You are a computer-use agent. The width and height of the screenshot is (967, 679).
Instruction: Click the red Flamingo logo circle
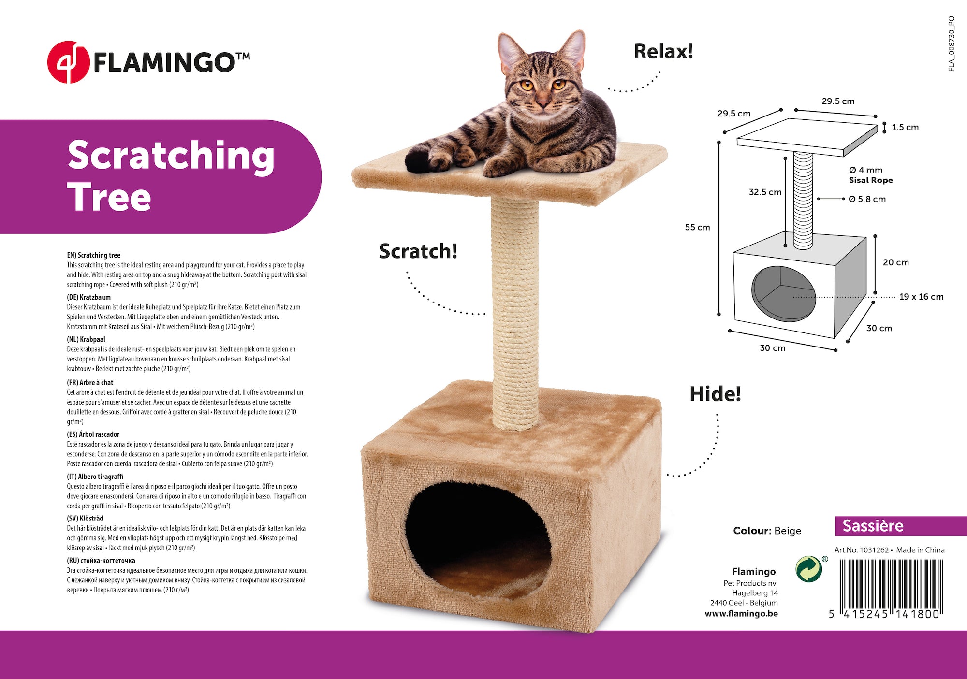(68, 62)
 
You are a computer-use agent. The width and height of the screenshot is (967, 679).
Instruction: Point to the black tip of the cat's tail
(419, 159)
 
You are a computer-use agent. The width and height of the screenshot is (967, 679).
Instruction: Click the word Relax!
(663, 52)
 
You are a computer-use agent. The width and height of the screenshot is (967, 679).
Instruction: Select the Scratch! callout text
(418, 251)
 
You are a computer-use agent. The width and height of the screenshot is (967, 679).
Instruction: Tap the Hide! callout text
(715, 394)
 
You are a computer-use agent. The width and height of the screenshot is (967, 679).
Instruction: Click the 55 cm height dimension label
(697, 227)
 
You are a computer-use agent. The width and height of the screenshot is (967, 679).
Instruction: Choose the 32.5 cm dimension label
(765, 192)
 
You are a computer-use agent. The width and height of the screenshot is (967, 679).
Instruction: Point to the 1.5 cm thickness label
(905, 127)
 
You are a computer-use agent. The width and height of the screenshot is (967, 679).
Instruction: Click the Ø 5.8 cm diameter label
(867, 199)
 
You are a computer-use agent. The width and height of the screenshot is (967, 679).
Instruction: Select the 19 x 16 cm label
(921, 297)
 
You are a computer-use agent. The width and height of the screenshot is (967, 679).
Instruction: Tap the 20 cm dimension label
(896, 262)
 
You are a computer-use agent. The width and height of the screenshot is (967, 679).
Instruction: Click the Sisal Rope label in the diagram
(871, 180)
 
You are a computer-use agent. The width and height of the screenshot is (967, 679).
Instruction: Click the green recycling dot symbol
(809, 569)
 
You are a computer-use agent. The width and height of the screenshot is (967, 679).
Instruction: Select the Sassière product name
(873, 526)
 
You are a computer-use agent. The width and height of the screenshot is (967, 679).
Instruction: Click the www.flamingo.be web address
(741, 614)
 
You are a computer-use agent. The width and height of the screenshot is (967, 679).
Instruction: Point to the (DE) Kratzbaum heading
(88, 297)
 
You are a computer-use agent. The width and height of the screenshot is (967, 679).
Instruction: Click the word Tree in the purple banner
(109, 197)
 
